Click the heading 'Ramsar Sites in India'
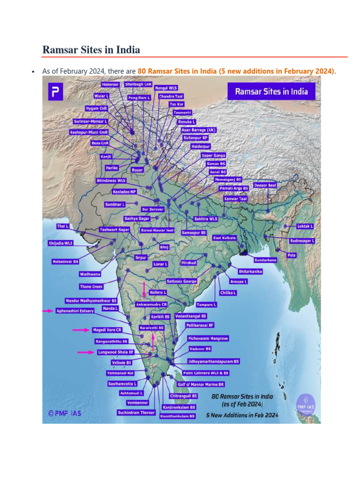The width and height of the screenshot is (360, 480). [x=91, y=49]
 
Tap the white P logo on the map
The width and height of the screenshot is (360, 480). [x=55, y=91]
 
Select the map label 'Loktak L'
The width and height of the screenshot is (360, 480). [x=305, y=226]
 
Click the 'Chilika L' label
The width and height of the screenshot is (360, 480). [x=228, y=292]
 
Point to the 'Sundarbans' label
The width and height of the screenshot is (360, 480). [x=265, y=260]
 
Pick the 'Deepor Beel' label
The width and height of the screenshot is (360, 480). [x=265, y=185]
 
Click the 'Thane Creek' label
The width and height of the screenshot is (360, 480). [x=91, y=286]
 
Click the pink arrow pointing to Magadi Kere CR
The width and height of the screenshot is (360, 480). [x=81, y=330]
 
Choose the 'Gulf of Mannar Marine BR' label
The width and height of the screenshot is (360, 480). [x=201, y=384]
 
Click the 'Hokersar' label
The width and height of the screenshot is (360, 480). [x=111, y=85]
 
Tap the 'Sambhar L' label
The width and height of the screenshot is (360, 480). [x=114, y=204]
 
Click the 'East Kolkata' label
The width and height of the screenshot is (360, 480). [x=225, y=238]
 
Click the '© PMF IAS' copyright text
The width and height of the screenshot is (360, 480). [x=64, y=413]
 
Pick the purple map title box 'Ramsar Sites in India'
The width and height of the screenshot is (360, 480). [x=272, y=91]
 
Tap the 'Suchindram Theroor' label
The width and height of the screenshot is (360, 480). [x=136, y=413]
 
